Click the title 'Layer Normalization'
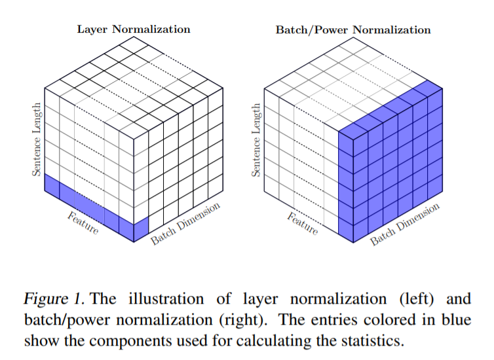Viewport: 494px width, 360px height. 134,29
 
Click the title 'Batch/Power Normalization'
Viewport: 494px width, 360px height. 352,29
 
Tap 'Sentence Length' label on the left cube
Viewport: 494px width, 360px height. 37,138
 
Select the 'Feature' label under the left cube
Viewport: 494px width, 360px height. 83,225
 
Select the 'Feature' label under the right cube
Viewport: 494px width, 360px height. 303,225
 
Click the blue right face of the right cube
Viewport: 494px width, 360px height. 390,173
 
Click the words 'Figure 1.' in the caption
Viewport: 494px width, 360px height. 53,300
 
